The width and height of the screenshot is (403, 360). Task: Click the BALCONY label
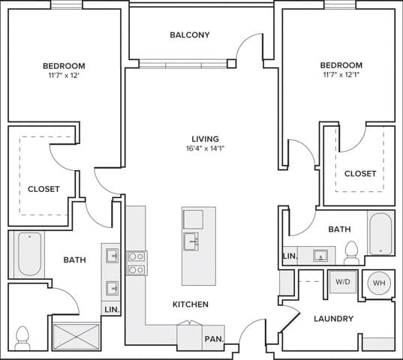(x=189, y=35)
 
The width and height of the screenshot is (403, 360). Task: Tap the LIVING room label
(x=205, y=139)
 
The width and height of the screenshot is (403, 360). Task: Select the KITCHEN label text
(x=190, y=304)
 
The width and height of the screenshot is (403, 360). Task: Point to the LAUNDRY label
(x=333, y=319)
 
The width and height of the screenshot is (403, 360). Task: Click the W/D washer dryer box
(x=343, y=283)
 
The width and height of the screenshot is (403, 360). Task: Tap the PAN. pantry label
(x=214, y=339)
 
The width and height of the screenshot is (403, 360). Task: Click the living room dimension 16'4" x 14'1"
(x=205, y=148)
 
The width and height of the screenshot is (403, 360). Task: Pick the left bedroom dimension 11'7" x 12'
(x=64, y=76)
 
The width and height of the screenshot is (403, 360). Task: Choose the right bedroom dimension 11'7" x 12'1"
(x=341, y=76)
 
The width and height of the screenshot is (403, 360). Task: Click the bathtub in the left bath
(x=29, y=254)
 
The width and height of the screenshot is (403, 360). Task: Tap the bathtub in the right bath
(x=380, y=233)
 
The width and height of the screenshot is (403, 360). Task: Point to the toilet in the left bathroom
(x=23, y=337)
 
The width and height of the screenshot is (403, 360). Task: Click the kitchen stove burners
(x=137, y=262)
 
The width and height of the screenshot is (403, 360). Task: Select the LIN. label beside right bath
(x=290, y=256)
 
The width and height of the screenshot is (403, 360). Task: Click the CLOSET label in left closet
(x=44, y=189)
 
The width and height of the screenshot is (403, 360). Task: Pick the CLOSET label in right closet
(x=360, y=173)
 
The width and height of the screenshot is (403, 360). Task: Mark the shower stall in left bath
(x=76, y=336)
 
